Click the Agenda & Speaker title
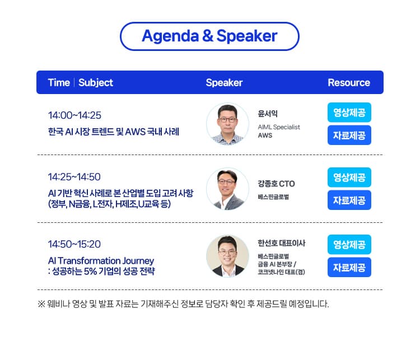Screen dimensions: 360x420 coord(209,36)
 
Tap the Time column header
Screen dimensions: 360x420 coord(59,83)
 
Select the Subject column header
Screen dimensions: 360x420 coord(96,83)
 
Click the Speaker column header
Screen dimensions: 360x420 coord(224,83)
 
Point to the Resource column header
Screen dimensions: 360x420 coord(349,83)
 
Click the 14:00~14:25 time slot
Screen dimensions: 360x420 coord(74,115)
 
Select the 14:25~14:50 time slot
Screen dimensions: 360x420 coord(74,177)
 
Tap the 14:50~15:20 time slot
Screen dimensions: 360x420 coord(74,244)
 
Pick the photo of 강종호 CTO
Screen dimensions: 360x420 coord(227,189)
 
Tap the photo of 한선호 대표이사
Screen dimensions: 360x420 coord(227,256)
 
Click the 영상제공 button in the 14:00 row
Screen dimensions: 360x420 coord(349,113)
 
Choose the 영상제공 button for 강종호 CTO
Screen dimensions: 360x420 coord(349,177)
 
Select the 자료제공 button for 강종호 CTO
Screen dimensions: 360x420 coord(349,200)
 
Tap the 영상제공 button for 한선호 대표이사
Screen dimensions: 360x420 coord(349,245)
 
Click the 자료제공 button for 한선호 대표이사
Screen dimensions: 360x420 coord(349,267)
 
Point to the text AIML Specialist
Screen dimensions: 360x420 coord(279,127)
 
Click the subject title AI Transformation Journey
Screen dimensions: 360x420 coord(101,261)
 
